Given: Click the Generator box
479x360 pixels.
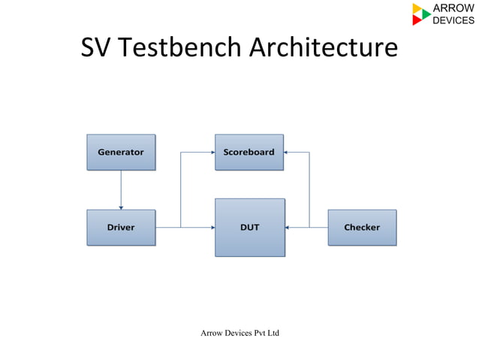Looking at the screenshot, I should pyautogui.click(x=121, y=152).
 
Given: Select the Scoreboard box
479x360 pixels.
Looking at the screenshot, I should pyautogui.click(x=249, y=152).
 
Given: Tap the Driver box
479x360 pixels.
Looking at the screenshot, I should pyautogui.click(x=121, y=227).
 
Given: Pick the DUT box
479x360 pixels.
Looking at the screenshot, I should pyautogui.click(x=249, y=227).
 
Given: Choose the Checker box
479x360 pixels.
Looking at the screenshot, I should pyautogui.click(x=362, y=227).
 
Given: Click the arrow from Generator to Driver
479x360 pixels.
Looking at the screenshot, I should pyautogui.click(x=121, y=189).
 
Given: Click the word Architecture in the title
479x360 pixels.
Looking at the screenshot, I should pyautogui.click(x=323, y=48).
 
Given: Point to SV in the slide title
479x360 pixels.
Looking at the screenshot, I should pyautogui.click(x=96, y=48).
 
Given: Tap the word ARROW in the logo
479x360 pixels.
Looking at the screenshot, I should pyautogui.click(x=453, y=8).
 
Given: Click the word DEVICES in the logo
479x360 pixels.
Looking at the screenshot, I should pyautogui.click(x=453, y=20).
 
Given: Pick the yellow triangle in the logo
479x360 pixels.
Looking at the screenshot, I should pyautogui.click(x=417, y=8).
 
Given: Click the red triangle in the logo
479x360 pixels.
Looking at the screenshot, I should pyautogui.click(x=417, y=20).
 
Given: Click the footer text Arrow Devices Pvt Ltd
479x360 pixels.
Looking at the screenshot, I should pyautogui.click(x=239, y=332).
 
